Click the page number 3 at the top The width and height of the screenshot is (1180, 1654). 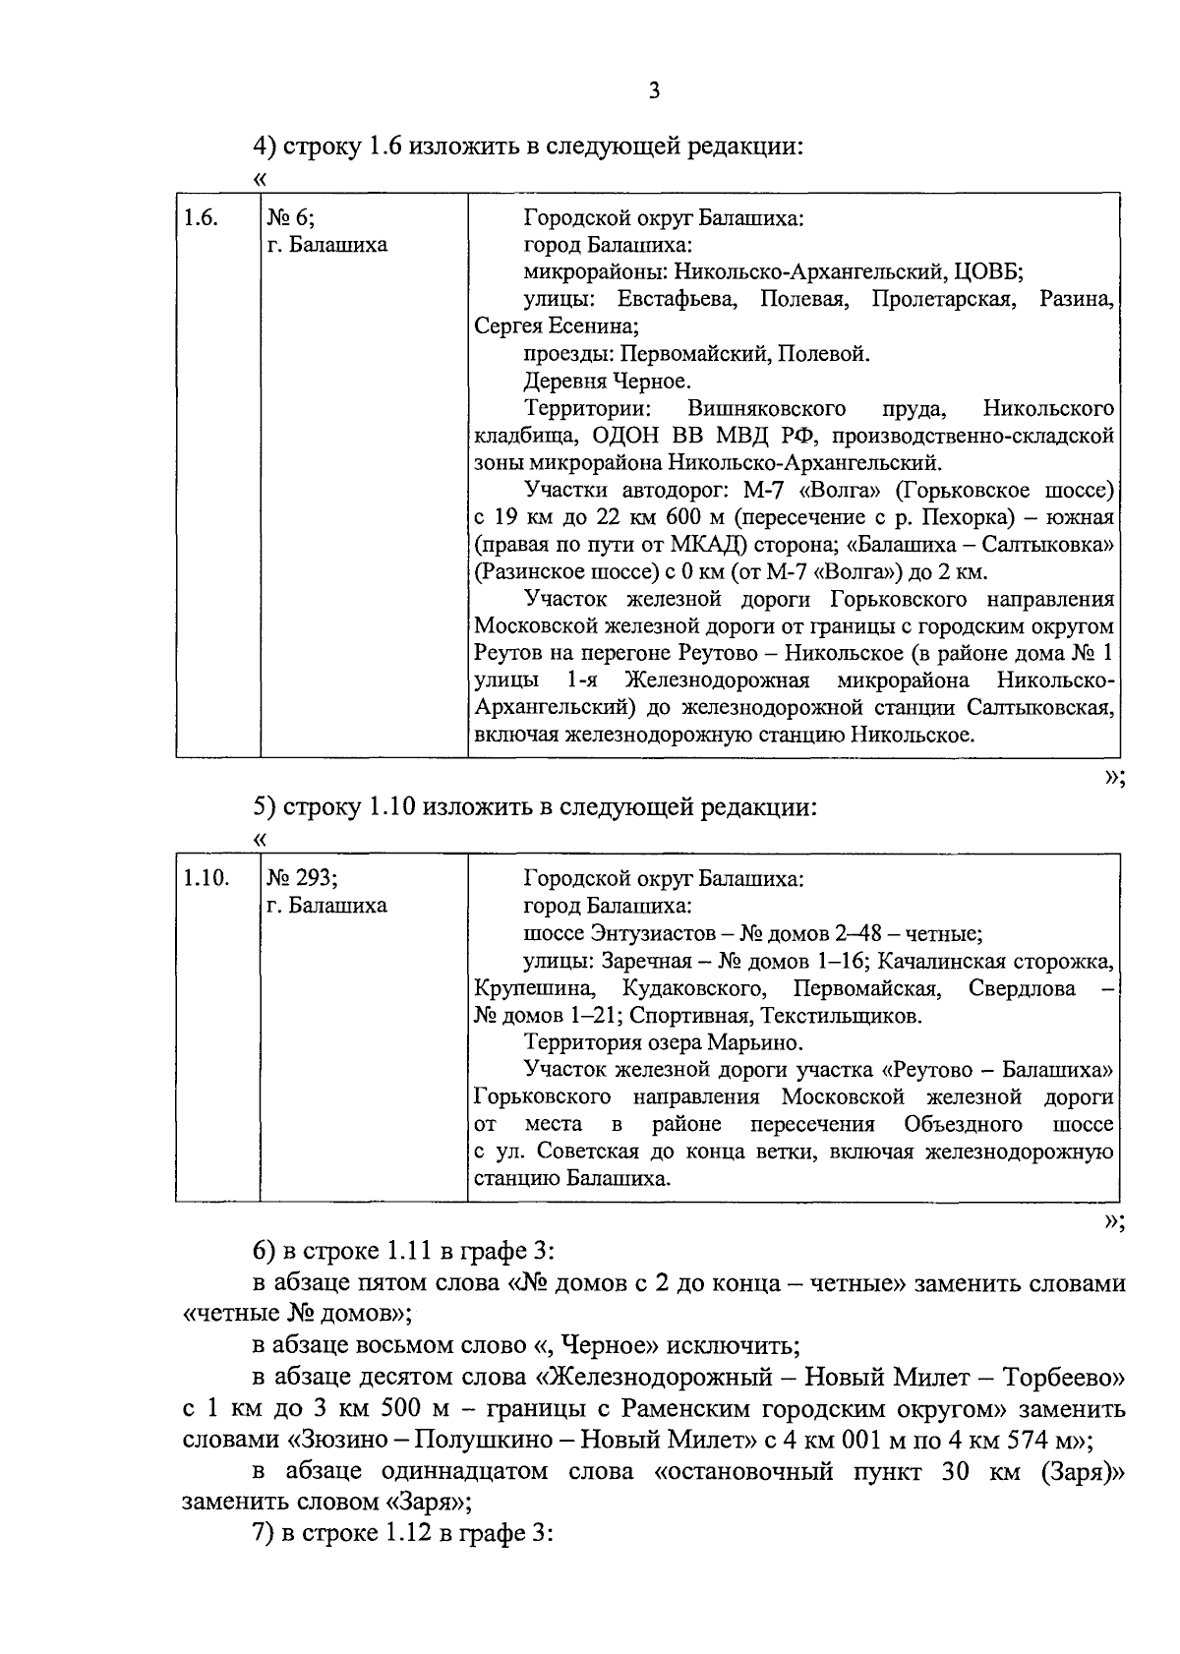coord(654,91)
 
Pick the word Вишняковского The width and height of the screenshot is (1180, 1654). coord(767,408)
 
